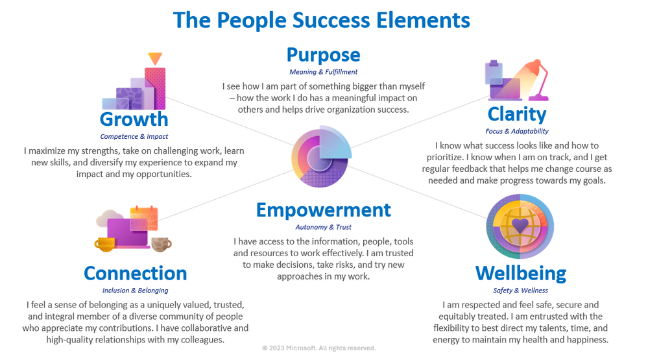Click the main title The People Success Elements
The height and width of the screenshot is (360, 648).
pos(322,20)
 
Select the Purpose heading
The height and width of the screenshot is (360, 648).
pos(323,55)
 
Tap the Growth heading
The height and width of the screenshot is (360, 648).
pos(134,119)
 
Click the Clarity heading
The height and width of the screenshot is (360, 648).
pos(516,115)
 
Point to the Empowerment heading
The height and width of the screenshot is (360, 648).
pos(323,210)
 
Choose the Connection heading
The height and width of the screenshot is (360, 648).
pos(135,273)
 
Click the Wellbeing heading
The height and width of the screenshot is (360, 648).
pos(521,274)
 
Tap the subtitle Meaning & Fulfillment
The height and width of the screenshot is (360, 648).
pos(323,72)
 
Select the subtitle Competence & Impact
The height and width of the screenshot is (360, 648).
pos(134,136)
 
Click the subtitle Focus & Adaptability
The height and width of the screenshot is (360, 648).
pos(516,131)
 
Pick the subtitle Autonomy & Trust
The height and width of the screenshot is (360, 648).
pos(323,227)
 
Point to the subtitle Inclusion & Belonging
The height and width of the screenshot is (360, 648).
pos(135,290)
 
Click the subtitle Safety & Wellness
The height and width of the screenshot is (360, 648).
pos(520,290)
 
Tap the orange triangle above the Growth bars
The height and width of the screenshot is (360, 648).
pos(155,58)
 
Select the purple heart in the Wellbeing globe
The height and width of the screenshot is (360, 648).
pos(520,225)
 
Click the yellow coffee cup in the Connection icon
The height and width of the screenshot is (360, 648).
pos(105,245)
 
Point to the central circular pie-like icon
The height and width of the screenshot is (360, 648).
pos(322,156)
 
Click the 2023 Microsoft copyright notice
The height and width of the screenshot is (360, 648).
pos(319,348)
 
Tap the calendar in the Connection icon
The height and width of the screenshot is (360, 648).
pos(144,218)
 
